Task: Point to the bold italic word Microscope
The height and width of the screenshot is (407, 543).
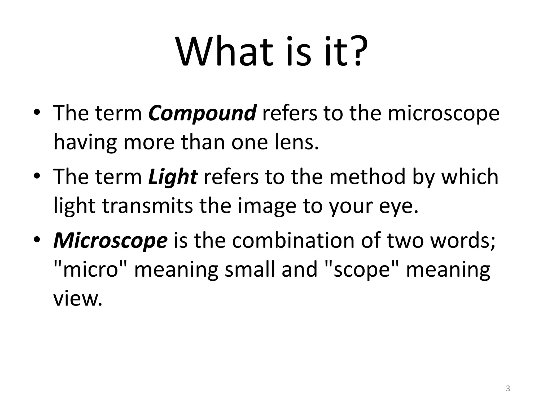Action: tap(110, 241)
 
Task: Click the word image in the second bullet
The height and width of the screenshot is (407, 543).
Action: tap(267, 206)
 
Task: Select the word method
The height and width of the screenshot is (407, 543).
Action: tap(367, 176)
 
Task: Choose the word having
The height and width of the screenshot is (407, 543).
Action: tap(85, 143)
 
